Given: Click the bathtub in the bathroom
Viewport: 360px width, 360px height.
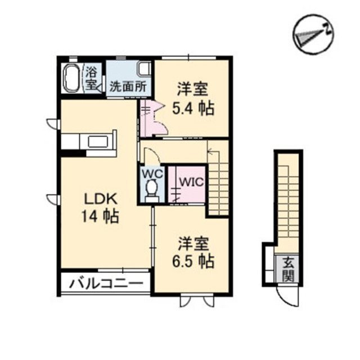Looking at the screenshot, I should click(x=72, y=79).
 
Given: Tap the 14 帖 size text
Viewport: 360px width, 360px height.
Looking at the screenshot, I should click(x=101, y=217).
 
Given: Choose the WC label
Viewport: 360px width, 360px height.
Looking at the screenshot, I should click(x=151, y=174).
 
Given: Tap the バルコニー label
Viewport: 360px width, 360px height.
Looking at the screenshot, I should click(x=106, y=283).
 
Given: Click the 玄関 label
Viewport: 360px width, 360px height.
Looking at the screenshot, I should click(x=288, y=269).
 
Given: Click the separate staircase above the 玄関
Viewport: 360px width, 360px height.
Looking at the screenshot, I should click(x=288, y=197).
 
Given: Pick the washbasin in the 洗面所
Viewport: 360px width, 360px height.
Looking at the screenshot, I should click(x=144, y=70).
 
